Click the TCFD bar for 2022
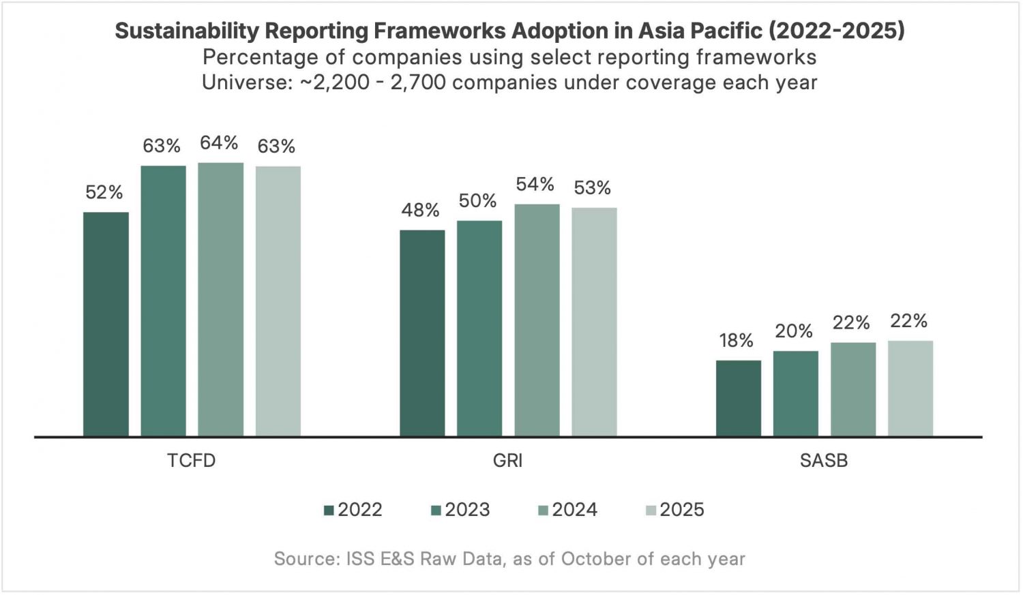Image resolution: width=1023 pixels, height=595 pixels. coord(106,324)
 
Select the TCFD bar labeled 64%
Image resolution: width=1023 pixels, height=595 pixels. coord(220,299)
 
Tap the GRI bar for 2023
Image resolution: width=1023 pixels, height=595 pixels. coord(479,328)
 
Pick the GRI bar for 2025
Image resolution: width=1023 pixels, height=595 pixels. coord(594,322)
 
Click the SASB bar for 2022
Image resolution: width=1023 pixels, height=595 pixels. coord(738,398)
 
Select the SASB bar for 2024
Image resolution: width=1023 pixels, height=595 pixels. coord(853,389)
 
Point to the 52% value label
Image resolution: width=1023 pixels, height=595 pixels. coord(104,193)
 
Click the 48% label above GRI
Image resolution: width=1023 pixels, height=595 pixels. coord(420,211)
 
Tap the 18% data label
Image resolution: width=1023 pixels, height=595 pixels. coord(736,341)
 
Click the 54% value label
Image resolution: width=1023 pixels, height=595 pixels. coord(535,185)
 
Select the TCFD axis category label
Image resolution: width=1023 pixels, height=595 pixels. coord(192,461)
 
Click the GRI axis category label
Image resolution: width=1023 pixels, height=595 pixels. coord(507,461)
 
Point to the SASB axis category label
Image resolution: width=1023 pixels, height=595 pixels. coord(824,461)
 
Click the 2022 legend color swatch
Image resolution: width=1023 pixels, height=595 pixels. coord(329,510)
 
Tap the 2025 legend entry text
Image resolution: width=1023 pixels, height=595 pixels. coord(681,510)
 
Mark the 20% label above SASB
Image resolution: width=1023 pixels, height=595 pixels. coord(794,332)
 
